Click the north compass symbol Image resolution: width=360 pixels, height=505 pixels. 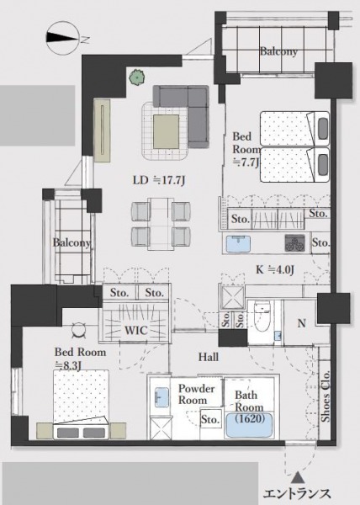point(63,37)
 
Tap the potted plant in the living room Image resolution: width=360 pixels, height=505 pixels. point(136,77)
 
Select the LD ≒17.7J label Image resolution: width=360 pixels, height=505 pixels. point(159,180)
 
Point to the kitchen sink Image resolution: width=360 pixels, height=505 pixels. point(238,244)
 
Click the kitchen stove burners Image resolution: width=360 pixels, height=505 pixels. point(294,243)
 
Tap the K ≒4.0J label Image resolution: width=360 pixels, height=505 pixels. point(275,269)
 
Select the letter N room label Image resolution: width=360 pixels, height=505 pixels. point(301,323)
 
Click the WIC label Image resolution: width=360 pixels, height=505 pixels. point(136,330)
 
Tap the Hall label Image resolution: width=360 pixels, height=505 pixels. point(209,357)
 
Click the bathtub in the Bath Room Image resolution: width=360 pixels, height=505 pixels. point(249,425)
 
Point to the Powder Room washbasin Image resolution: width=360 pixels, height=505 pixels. point(161,397)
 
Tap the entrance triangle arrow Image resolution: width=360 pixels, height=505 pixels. point(299,477)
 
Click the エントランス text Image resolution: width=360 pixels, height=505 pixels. point(297,494)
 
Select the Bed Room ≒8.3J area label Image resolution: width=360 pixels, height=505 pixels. point(80,359)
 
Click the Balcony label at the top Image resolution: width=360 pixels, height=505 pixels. point(278,51)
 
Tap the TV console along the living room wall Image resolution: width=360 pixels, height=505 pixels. point(102,130)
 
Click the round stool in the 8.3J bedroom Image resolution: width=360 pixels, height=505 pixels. point(79,331)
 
